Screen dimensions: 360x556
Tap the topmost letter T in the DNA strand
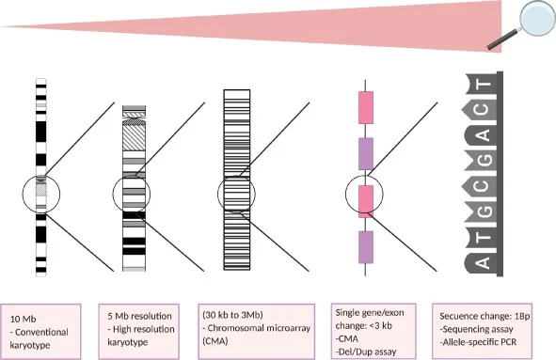pos(483,86)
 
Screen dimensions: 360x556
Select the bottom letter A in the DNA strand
pos(483,260)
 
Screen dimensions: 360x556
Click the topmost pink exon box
pos(366,103)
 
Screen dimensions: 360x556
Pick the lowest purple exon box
pos(366,246)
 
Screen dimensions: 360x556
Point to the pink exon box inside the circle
pos(366,201)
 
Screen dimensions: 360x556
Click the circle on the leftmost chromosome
pos(40,193)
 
